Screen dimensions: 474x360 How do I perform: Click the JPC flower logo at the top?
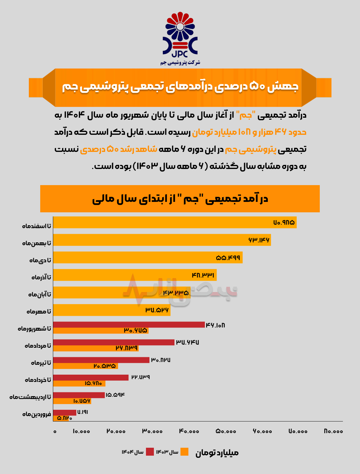tap(180, 35)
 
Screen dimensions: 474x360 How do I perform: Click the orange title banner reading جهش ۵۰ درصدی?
tap(180, 87)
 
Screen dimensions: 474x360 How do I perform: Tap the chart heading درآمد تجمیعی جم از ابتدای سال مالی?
tap(180, 199)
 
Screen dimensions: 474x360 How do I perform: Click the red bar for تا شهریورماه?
tap(129, 325)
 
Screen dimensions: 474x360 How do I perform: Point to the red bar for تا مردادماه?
tap(114, 342)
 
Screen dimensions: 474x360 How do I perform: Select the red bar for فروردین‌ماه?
tap(65, 413)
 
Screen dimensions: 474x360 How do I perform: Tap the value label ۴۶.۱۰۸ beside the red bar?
tap(215, 325)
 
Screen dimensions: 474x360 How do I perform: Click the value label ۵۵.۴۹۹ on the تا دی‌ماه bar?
tap(228, 258)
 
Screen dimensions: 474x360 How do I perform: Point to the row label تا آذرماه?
tap(41, 278)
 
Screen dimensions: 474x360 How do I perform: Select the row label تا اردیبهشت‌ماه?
tap(30, 397)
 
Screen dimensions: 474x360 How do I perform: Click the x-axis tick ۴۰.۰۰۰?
tap(189, 431)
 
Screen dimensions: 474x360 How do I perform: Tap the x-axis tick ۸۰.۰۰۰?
tap(333, 431)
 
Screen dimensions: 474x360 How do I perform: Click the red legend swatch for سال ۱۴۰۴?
tap(150, 452)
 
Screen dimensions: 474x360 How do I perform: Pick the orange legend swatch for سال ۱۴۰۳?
tap(184, 452)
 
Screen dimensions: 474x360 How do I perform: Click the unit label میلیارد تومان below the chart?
tap(217, 453)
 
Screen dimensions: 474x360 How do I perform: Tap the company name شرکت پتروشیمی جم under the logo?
tap(180, 63)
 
